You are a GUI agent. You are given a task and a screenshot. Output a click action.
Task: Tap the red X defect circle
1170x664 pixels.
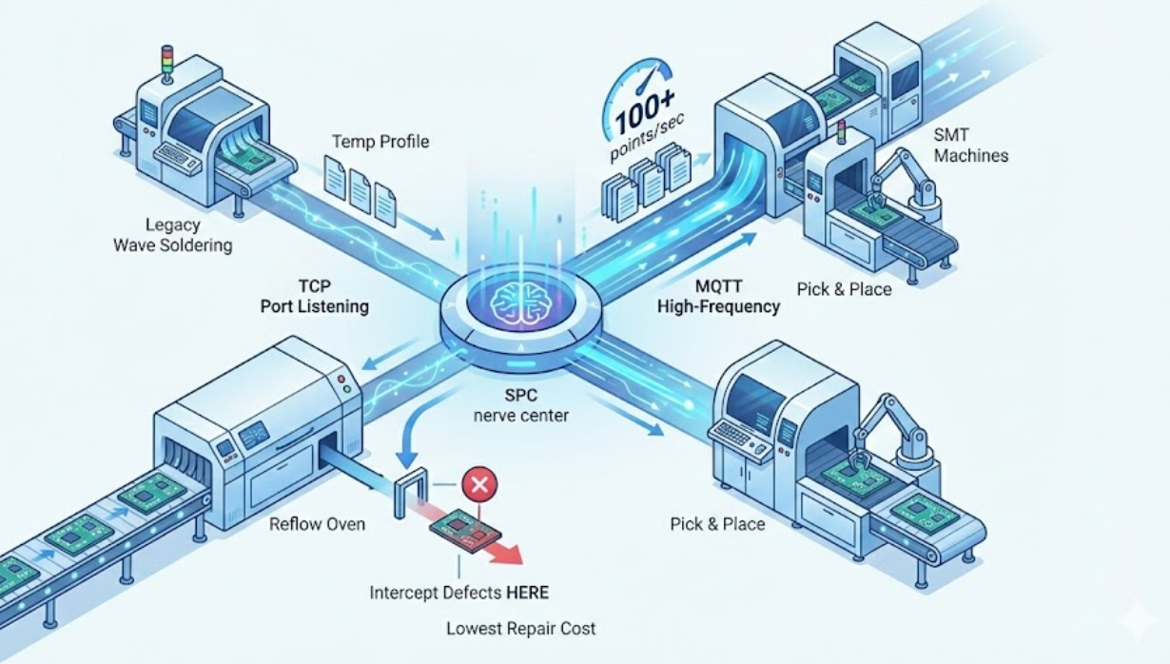tap(479, 485)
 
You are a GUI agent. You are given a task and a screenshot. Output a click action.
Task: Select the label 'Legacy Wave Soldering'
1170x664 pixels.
tap(172, 235)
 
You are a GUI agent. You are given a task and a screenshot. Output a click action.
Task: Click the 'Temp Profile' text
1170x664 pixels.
tap(380, 142)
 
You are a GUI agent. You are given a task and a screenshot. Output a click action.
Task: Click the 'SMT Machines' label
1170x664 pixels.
tap(970, 146)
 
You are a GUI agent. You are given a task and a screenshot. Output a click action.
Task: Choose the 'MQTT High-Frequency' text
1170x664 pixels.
tap(718, 296)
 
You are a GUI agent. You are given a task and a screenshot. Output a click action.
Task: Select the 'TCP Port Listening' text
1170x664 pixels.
tap(315, 296)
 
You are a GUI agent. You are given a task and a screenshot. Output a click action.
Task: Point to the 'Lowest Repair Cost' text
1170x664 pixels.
tap(521, 628)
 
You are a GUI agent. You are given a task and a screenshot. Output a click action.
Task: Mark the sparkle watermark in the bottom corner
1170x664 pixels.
tap(1137, 623)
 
